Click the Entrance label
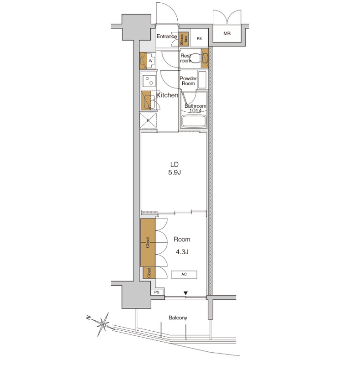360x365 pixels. [x=166, y=36]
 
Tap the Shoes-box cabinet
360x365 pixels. [x=184, y=39]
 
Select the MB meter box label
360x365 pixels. [x=227, y=33]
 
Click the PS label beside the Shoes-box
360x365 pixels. [x=199, y=39]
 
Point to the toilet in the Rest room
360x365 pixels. [x=195, y=58]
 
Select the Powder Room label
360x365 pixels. [x=188, y=81]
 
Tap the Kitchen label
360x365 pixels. [x=167, y=95]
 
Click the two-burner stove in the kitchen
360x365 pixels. [x=149, y=81]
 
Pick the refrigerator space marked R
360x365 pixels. [x=148, y=120]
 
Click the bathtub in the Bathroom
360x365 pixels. [x=194, y=121]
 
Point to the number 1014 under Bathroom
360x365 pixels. [x=195, y=111]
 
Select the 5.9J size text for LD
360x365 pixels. [x=175, y=172]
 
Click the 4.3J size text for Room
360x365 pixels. [x=182, y=252]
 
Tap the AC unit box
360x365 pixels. [x=184, y=275]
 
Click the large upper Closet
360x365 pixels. [x=148, y=242]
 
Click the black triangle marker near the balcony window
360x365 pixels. [x=185, y=293]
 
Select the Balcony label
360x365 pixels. [x=178, y=318]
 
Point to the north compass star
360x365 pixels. [x=103, y=323]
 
